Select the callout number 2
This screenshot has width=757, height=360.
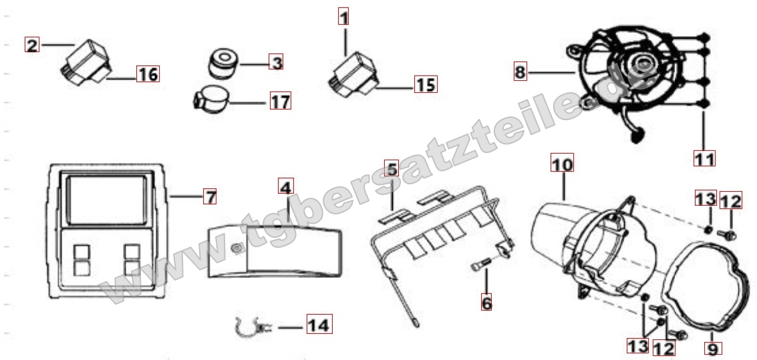[32, 45]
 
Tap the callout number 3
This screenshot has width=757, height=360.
[276, 62]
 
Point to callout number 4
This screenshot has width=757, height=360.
[286, 187]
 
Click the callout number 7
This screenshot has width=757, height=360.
[210, 196]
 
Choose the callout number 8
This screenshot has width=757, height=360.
[520, 72]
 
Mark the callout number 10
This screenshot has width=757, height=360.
[563, 163]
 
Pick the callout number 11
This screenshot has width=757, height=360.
[704, 158]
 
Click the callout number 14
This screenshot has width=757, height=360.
[319, 325]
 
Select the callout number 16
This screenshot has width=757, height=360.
[148, 74]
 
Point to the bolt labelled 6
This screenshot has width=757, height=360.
[480, 263]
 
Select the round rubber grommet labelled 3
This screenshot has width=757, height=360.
[223, 63]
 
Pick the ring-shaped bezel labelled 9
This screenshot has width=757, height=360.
[706, 287]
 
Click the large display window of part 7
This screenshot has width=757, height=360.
[106, 200]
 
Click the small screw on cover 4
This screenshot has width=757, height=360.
[236, 248]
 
